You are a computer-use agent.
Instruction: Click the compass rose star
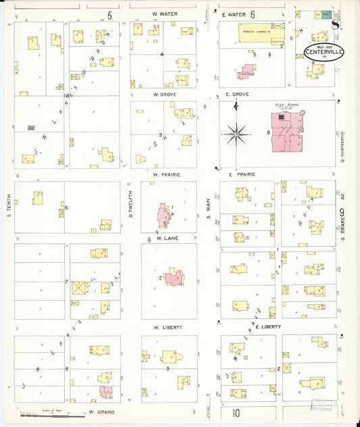coord(237,133)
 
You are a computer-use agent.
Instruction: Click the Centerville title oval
coord(325,52)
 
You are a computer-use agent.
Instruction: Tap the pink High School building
coord(286,131)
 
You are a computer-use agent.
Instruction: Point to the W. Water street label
coord(164,14)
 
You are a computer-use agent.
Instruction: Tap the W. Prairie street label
coord(165,174)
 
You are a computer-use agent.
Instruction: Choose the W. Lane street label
coord(167,238)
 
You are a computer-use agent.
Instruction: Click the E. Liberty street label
coord(249,326)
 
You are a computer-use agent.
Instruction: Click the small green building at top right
coord(326,14)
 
